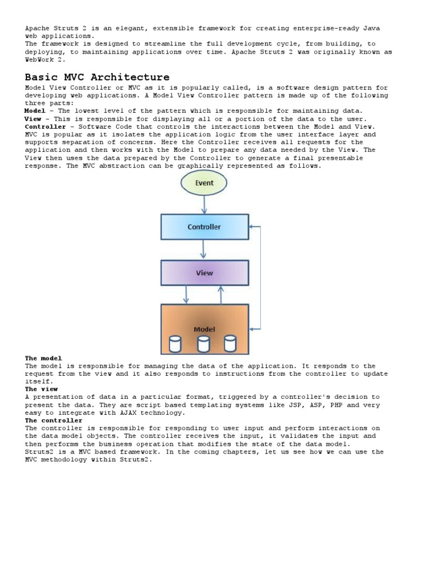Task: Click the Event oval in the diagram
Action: point(204,183)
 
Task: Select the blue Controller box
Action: point(204,227)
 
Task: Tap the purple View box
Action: point(204,273)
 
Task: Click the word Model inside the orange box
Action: point(204,329)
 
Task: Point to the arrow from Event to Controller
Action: point(204,205)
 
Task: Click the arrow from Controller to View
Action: point(204,249)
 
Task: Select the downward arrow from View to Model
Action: point(186,295)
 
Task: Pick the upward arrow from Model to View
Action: point(221,295)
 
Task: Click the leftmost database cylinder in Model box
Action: point(175,344)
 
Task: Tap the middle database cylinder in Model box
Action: point(203,344)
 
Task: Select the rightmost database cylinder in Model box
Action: point(230,344)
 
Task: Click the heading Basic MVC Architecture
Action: point(97,77)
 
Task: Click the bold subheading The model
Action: point(43,358)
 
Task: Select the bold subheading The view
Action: point(41,389)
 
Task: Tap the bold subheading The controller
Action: point(53,420)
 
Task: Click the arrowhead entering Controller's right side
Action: point(252,226)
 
